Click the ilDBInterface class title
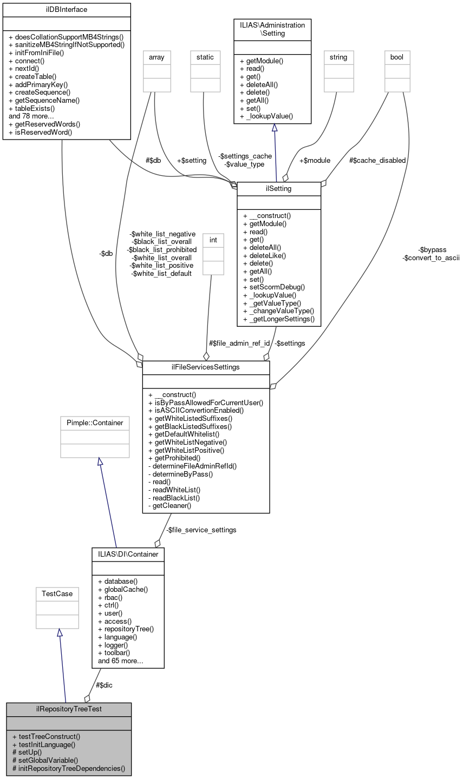[x=67, y=9]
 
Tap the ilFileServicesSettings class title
[x=206, y=367]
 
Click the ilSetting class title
[x=279, y=188]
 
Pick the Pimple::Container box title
[x=95, y=422]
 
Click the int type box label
[x=213, y=240]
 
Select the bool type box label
[x=397, y=57]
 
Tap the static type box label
[x=205, y=57]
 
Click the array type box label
[x=156, y=57]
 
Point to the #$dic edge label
[x=104, y=685]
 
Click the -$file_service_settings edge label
[x=201, y=530]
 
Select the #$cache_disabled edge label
[x=377, y=160]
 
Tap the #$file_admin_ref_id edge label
[x=239, y=343]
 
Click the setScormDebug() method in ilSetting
[x=274, y=287]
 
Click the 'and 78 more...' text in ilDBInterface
[x=31, y=116]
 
